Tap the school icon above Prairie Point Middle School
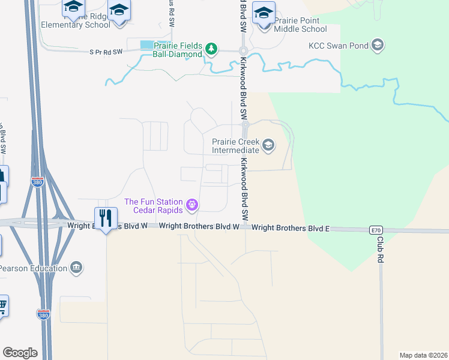pyautogui.click(x=264, y=11)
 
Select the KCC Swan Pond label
pyautogui.click(x=339, y=45)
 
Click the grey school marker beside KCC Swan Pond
pyautogui.click(x=378, y=45)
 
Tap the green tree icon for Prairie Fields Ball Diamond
pyautogui.click(x=211, y=49)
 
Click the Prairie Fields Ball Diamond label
pyautogui.click(x=177, y=49)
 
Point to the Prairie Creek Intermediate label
pyautogui.click(x=235, y=146)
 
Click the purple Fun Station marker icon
pyautogui.click(x=192, y=206)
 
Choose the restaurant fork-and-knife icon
pyautogui.click(x=106, y=217)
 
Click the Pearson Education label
pyautogui.click(x=32, y=268)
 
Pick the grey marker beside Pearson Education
pyautogui.click(x=76, y=267)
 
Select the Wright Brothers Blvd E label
pyautogui.click(x=291, y=228)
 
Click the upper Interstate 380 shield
pyautogui.click(x=38, y=181)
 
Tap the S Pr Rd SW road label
pyautogui.click(x=106, y=52)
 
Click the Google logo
pyautogui.click(x=20, y=353)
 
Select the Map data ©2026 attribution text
pyautogui.click(x=424, y=355)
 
